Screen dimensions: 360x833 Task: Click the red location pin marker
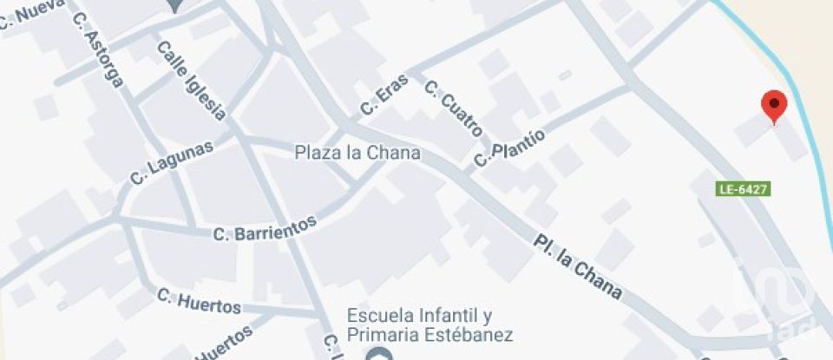tap(773, 108)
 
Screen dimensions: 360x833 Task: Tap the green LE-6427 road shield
tap(744, 188)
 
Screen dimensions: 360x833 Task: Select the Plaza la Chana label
tap(357, 153)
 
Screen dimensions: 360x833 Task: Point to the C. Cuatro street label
tap(453, 108)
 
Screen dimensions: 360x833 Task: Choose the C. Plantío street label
tap(509, 147)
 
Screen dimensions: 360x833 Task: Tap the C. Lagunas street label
tap(172, 162)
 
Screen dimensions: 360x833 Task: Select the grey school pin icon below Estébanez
tap(377, 354)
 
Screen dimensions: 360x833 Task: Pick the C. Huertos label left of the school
tap(199, 302)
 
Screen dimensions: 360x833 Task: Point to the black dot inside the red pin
tap(773, 103)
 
